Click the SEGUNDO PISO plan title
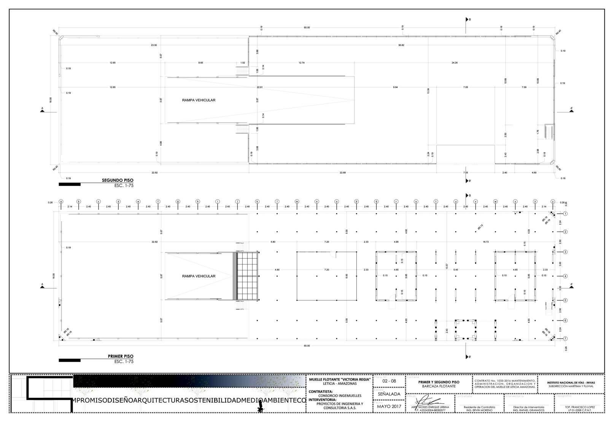coord(118,180)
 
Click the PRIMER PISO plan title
coord(121,357)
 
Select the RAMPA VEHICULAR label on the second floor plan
coord(199,100)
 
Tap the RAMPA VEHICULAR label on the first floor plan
coord(199,276)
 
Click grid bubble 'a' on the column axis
coord(61,201)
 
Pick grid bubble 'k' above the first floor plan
coord(257,201)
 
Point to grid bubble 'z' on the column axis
coord(553,201)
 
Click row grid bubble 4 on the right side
coord(566,276)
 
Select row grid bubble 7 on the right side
coord(566,338)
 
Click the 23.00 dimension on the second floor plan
coord(154,45)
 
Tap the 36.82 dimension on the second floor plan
coord(401,45)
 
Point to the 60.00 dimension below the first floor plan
coord(307,346)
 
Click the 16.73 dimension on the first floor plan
coord(485,242)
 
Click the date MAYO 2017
coord(389,407)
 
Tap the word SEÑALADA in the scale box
coord(389,394)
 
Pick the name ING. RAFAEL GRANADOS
coord(529,411)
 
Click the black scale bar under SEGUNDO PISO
coord(70,184)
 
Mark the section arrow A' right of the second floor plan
coord(571,111)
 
